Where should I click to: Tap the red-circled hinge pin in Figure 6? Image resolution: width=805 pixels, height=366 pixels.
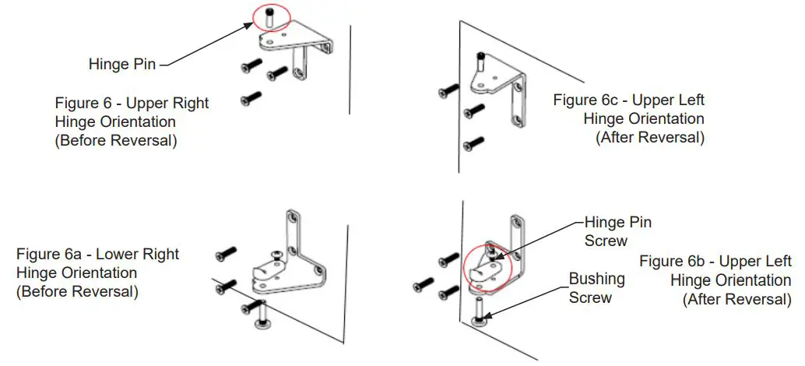click(267, 16)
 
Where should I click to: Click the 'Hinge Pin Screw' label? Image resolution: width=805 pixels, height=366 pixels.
click(618, 231)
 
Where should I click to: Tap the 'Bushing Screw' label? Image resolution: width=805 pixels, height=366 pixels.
click(596, 287)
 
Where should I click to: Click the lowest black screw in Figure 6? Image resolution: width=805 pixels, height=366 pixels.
click(250, 98)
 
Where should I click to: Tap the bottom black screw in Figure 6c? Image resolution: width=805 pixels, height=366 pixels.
click(473, 143)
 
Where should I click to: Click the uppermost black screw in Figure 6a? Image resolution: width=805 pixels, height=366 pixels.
click(225, 254)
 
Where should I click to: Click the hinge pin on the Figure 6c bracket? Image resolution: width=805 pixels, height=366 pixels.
click(482, 59)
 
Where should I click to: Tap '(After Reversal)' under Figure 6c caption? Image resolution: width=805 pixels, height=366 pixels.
click(650, 138)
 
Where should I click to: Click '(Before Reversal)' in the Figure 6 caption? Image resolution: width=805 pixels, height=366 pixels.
click(116, 142)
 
